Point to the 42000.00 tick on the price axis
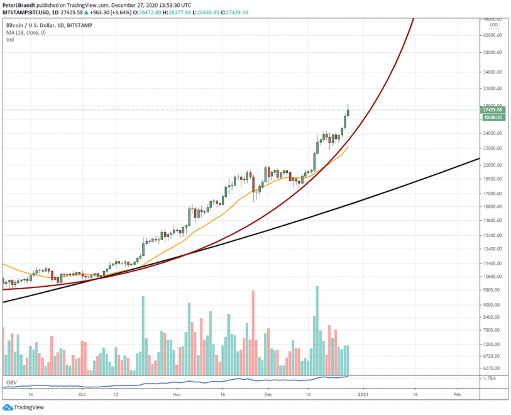coord(493,36)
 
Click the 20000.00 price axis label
coord(493,165)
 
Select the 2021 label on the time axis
coord(363,394)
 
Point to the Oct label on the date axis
coord(81,394)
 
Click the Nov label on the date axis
coord(177,394)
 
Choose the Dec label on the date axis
coord(268,394)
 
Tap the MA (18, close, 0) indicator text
coord(26,33)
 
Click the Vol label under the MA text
coord(10,40)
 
